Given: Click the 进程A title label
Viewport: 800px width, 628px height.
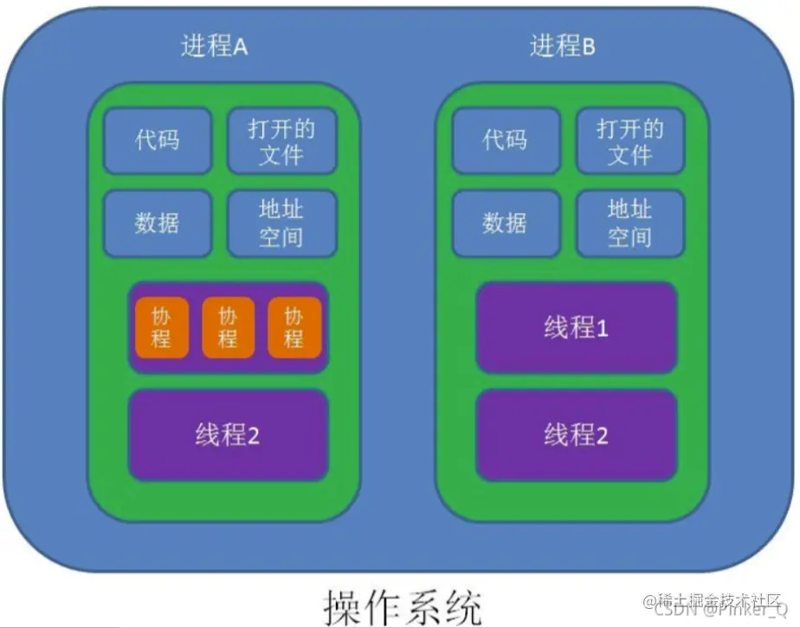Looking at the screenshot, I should pyautogui.click(x=214, y=47).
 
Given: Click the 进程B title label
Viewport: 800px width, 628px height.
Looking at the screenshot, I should pyautogui.click(x=563, y=47).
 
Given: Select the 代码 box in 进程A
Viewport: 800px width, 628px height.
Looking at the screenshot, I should pyautogui.click(x=158, y=140).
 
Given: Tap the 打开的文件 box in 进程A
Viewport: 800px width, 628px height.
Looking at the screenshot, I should pyautogui.click(x=281, y=141).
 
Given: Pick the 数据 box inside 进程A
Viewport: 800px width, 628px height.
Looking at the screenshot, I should pyautogui.click(x=158, y=223).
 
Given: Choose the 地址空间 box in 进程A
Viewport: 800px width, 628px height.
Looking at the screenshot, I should pyautogui.click(x=281, y=223).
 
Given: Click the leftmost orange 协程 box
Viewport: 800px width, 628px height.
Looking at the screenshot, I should pyautogui.click(x=161, y=327).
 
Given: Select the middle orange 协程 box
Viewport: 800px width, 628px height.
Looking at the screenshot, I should pyautogui.click(x=228, y=327).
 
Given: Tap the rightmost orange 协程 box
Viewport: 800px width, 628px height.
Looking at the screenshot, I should pyautogui.click(x=294, y=327).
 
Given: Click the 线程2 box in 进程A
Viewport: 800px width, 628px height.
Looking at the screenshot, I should pyautogui.click(x=228, y=435).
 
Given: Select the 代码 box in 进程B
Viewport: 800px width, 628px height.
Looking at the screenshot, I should pyautogui.click(x=506, y=140).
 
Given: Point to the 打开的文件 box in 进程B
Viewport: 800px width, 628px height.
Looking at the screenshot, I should pyautogui.click(x=630, y=141).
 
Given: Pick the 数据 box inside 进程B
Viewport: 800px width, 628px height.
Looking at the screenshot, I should pyautogui.click(x=506, y=223).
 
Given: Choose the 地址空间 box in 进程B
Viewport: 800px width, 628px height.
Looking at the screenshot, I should pyautogui.click(x=630, y=223).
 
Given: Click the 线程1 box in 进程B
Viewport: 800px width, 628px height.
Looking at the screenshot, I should pyautogui.click(x=577, y=328).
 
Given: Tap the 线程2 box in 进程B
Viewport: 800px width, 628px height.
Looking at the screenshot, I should pyautogui.click(x=577, y=435).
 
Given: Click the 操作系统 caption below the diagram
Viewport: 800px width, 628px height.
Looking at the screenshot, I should pyautogui.click(x=403, y=606).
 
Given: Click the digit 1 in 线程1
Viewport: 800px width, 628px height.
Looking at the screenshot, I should pyautogui.click(x=603, y=329).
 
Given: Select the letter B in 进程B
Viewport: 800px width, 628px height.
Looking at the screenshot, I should pyautogui.click(x=588, y=49).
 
